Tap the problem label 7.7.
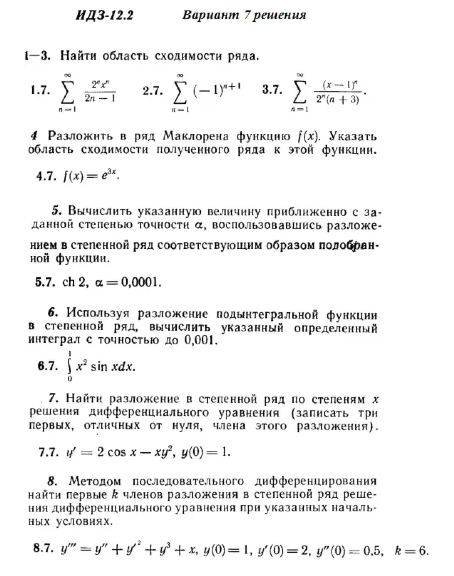[49, 452]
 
